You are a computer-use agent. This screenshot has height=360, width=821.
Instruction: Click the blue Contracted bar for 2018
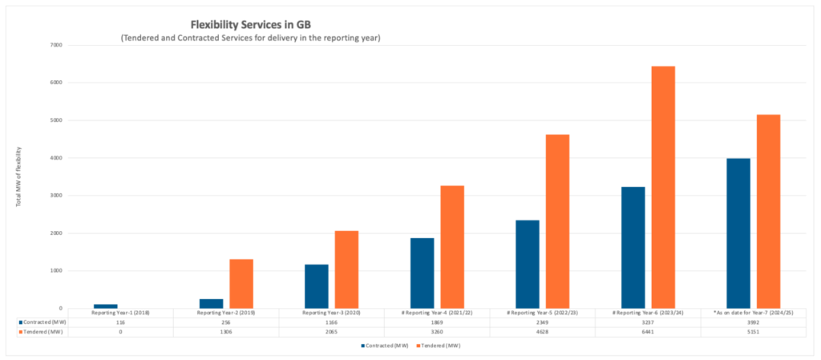pyautogui.click(x=105, y=306)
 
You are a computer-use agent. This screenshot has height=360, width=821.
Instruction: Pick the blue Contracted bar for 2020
pyautogui.click(x=316, y=286)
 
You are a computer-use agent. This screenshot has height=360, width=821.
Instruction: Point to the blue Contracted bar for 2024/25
pyautogui.click(x=738, y=233)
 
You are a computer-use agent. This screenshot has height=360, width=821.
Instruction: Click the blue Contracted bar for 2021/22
pyautogui.click(x=422, y=273)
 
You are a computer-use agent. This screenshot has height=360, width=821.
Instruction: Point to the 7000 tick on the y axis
pyautogui.click(x=55, y=45)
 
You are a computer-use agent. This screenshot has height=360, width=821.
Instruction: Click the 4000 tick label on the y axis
pyautogui.click(x=55, y=158)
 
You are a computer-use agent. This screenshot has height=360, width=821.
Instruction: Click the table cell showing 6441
pyautogui.click(x=647, y=330)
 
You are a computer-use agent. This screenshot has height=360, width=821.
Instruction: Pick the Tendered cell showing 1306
pyautogui.click(x=225, y=330)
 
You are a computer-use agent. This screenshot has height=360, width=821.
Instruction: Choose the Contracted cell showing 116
pyautogui.click(x=120, y=322)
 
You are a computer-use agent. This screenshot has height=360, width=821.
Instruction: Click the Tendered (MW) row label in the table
pyautogui.click(x=40, y=330)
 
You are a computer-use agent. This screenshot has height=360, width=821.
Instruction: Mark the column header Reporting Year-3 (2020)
pyautogui.click(x=330, y=313)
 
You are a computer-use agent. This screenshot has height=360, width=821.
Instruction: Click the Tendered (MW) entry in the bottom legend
pyautogui.click(x=438, y=346)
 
